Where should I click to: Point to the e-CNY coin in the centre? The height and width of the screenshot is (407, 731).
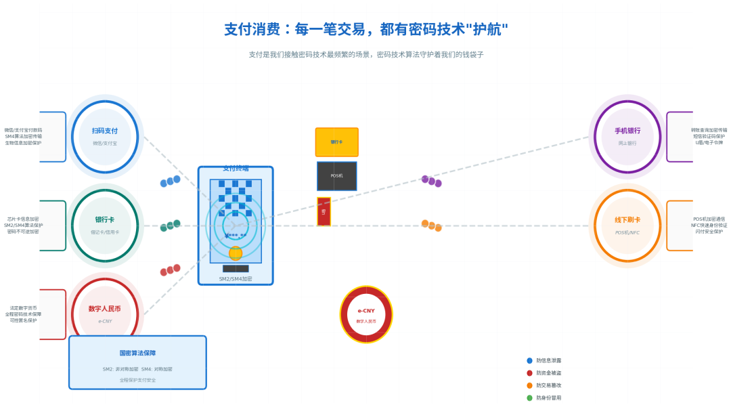click(x=366, y=314)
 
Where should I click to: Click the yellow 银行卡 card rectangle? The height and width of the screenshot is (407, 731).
click(x=336, y=142)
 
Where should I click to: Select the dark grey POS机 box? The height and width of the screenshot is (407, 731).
click(x=336, y=176)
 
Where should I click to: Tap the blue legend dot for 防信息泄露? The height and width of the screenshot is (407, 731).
click(x=529, y=361)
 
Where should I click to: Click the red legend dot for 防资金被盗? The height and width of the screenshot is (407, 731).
click(x=529, y=373)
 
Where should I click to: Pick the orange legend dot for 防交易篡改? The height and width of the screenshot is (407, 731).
click(x=529, y=385)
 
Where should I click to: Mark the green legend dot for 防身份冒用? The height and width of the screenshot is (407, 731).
click(x=529, y=398)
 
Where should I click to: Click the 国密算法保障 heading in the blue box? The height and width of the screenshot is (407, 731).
click(x=137, y=353)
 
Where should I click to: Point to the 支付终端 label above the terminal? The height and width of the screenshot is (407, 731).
click(x=236, y=169)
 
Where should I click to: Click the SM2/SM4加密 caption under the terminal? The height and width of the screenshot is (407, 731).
click(x=236, y=279)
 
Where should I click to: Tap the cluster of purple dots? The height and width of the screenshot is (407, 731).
click(x=431, y=181)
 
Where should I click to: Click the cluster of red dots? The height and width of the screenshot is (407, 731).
click(x=170, y=270)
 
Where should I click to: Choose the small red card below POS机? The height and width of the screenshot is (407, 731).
click(x=324, y=211)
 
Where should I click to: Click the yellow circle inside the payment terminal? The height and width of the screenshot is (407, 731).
click(x=236, y=253)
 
